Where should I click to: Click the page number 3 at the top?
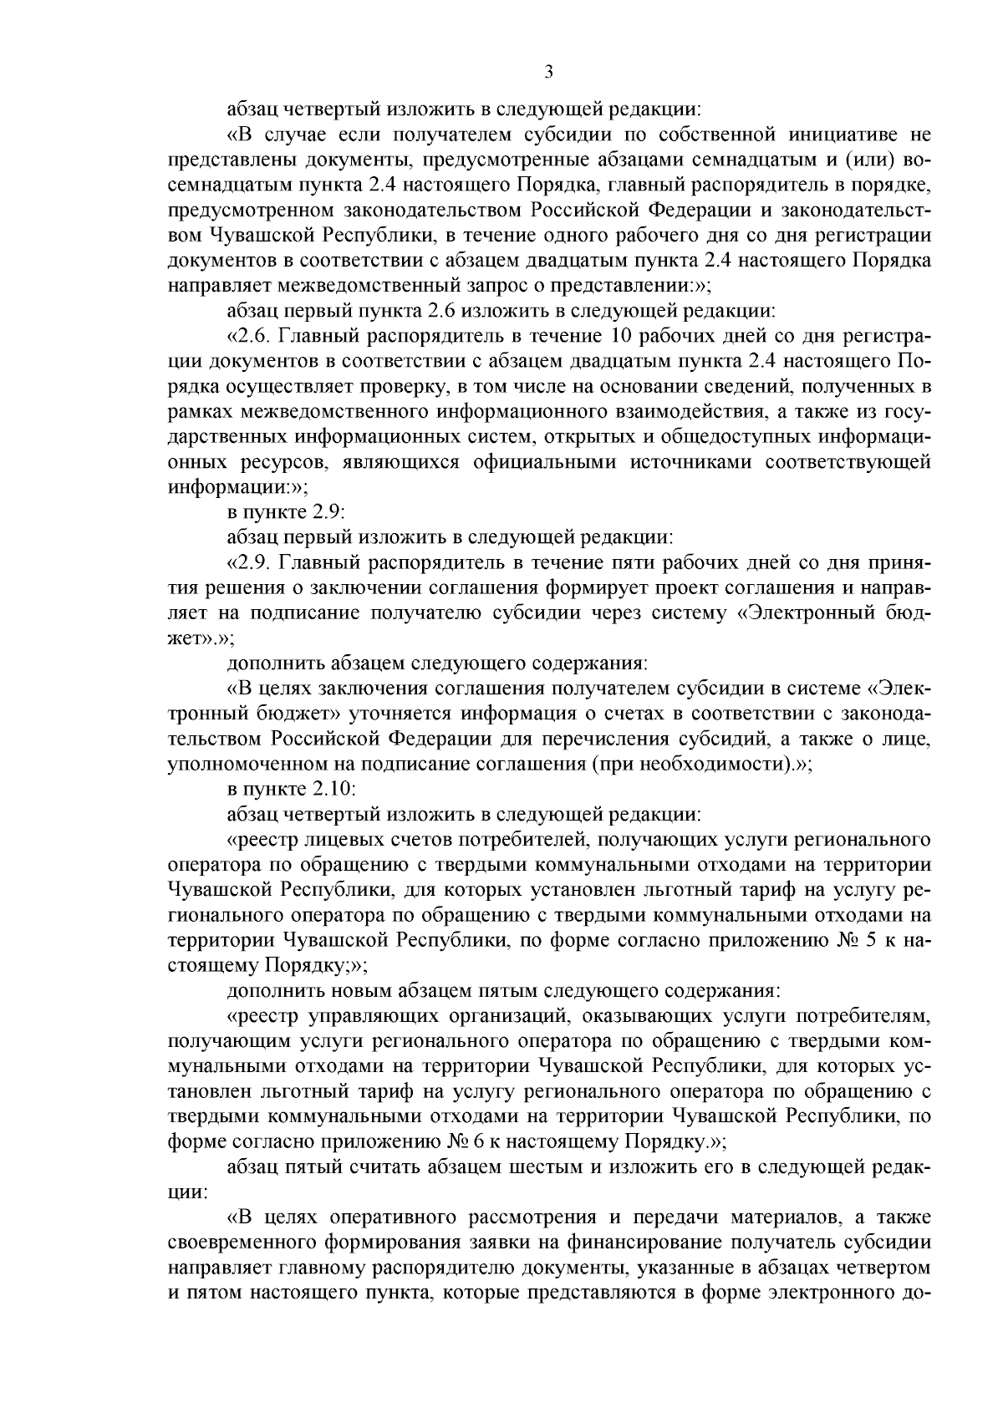(x=549, y=73)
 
